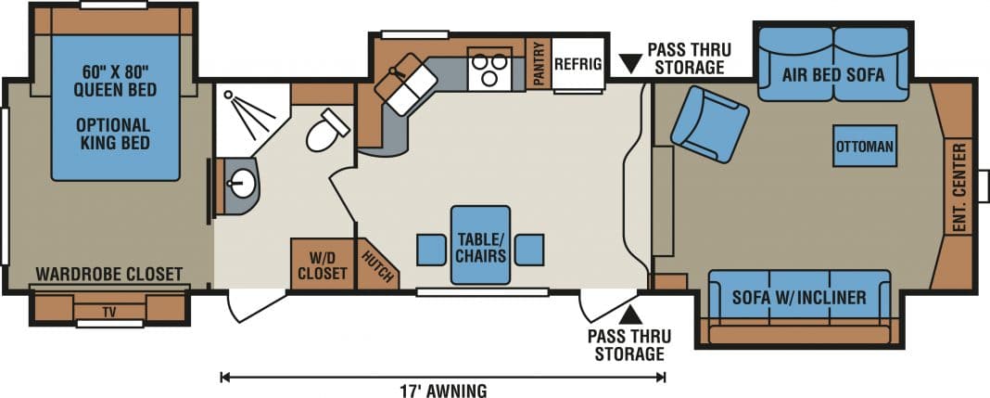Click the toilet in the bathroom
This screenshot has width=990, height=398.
(x=327, y=130)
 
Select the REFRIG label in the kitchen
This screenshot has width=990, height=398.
(x=577, y=64)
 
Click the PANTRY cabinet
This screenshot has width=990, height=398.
(x=539, y=64)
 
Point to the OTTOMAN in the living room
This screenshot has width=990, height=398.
(x=864, y=146)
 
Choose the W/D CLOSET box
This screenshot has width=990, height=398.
(x=322, y=264)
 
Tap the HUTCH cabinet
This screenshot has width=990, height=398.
(x=377, y=264)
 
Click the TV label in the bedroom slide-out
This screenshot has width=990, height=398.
(x=110, y=311)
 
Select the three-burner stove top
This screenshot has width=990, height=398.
(x=489, y=69)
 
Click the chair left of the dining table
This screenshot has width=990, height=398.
(x=431, y=250)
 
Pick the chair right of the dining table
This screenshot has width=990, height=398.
(x=529, y=250)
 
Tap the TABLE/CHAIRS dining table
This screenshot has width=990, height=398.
(x=480, y=245)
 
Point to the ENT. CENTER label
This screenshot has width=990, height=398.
(x=959, y=189)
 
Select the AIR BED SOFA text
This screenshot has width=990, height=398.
(x=833, y=74)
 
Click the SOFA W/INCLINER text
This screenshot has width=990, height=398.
(x=799, y=297)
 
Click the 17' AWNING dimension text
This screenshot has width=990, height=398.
(x=444, y=390)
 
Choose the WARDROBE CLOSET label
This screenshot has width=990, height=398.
(x=109, y=275)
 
